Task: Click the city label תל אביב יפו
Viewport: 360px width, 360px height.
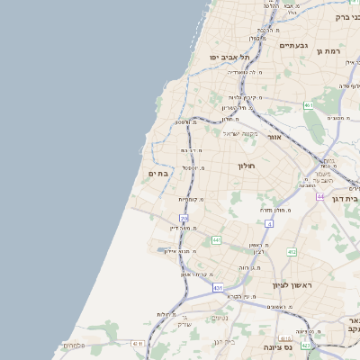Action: [229, 57]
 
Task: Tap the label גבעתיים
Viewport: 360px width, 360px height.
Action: [293, 45]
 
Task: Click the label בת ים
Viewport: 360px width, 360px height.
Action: [157, 173]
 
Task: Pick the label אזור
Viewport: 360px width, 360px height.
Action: [275, 137]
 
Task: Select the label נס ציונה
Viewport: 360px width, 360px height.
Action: [276, 346]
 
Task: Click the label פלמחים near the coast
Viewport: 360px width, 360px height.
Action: [75, 346]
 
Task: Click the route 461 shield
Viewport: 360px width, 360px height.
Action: [308, 105]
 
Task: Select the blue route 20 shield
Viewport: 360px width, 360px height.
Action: [184, 219]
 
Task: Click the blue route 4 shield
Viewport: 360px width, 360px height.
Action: [269, 222]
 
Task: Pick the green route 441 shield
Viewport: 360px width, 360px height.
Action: [217, 240]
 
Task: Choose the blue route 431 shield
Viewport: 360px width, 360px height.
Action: [218, 288]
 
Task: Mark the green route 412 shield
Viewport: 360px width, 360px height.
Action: [292, 252]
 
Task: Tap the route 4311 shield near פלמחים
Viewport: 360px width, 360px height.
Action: [138, 343]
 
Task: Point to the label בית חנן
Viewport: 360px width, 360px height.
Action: [224, 341]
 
